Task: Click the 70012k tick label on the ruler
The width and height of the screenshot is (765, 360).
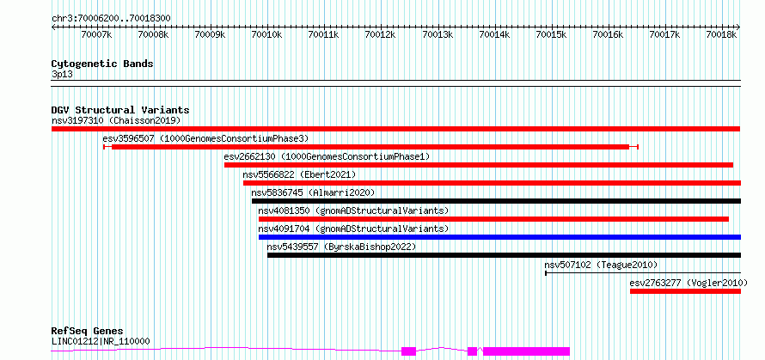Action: pyautogui.click(x=381, y=34)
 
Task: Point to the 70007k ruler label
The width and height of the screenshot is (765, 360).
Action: pyautogui.click(x=96, y=34)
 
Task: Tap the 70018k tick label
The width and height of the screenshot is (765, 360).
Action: pyautogui.click(x=722, y=34)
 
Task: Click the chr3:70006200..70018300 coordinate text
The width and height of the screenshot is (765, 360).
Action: pyautogui.click(x=111, y=18)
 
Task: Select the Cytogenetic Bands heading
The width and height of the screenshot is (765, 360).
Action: pyautogui.click(x=102, y=64)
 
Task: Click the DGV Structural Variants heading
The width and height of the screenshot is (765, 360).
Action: pyautogui.click(x=120, y=110)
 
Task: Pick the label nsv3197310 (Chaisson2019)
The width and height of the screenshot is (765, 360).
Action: pyautogui.click(x=116, y=120)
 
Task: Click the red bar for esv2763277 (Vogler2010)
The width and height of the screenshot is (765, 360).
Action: pyautogui.click(x=685, y=291)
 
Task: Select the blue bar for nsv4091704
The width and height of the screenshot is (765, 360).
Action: pyautogui.click(x=499, y=237)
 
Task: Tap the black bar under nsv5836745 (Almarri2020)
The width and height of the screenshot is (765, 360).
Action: pyautogui.click(x=496, y=201)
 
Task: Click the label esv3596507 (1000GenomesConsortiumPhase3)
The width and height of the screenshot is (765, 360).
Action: pyautogui.click(x=206, y=138)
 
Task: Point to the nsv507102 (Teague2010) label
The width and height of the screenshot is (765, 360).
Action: pyautogui.click(x=601, y=265)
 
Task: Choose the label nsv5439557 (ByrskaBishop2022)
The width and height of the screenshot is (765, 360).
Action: pyautogui.click(x=341, y=247)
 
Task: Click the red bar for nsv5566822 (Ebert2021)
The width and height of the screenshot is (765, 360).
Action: pyautogui.click(x=493, y=183)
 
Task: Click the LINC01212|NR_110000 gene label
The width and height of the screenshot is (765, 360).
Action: pyautogui.click(x=101, y=341)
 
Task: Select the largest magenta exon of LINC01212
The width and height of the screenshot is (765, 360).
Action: pyautogui.click(x=526, y=351)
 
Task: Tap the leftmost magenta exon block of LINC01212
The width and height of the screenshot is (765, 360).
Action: pyautogui.click(x=409, y=351)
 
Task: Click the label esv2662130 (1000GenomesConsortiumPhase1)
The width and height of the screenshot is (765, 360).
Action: pyautogui.click(x=327, y=156)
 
